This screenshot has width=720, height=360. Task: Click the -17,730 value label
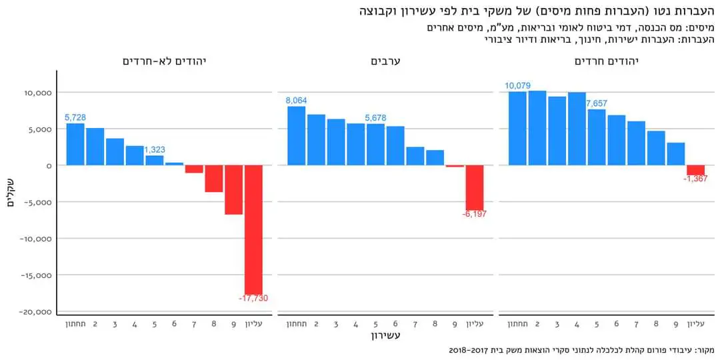[253, 298]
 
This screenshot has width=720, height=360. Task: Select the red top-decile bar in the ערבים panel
[475, 187]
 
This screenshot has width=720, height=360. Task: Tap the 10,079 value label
[518, 85]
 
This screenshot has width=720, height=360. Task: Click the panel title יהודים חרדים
[607, 61]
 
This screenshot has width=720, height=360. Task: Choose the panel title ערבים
[385, 61]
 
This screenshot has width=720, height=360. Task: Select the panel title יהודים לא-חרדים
[164, 61]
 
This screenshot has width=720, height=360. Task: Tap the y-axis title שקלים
[11, 193]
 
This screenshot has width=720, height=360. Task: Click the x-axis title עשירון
[385, 336]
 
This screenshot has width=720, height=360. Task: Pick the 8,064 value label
[296, 100]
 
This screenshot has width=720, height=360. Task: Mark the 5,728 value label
[75, 117]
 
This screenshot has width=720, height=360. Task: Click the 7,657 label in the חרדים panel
[597, 103]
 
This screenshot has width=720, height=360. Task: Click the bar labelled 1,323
[154, 160]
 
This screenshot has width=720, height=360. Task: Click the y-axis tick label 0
[47, 166]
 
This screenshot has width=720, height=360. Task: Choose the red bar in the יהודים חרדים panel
[695, 170]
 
